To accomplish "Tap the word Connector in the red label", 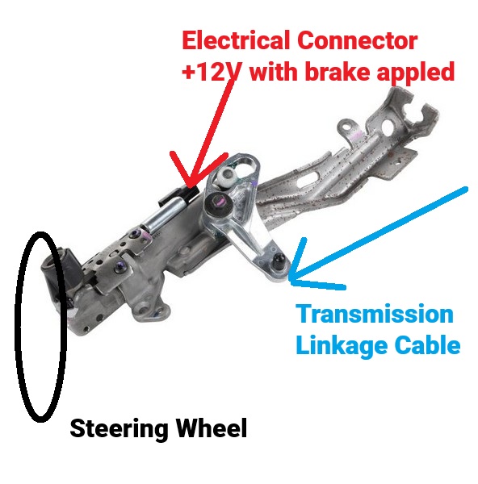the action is click(x=358, y=40).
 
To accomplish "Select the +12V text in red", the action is click(x=211, y=71).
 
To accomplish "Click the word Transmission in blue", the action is click(x=375, y=314).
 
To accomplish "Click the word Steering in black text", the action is click(x=119, y=429).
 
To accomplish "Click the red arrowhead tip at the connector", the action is click(x=189, y=186).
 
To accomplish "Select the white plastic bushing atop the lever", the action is click(x=226, y=177).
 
